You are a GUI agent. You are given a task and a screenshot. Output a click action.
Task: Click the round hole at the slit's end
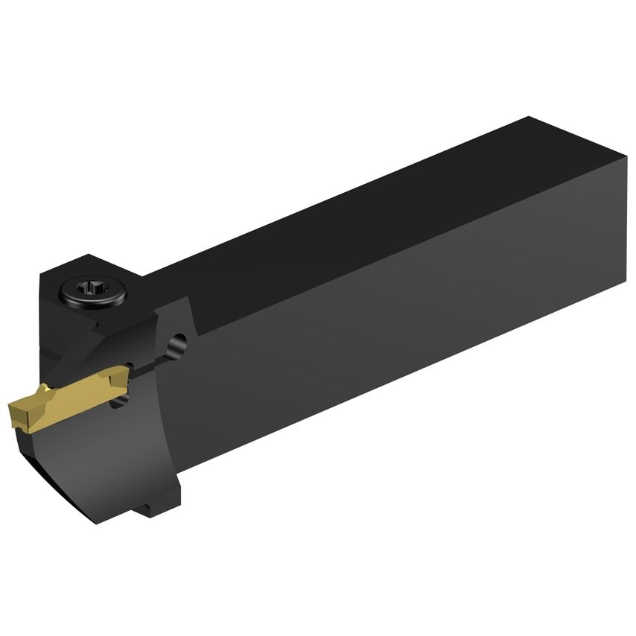click(x=177, y=345)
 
